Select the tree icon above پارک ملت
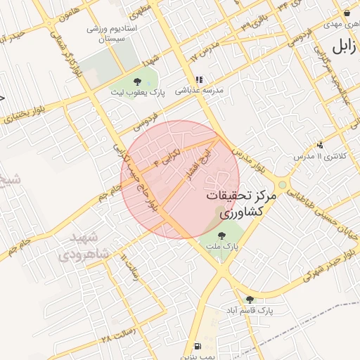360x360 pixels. coord(222,236)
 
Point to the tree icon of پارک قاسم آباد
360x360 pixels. coord(250,299)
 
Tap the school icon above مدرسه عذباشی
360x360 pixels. coord(199,80)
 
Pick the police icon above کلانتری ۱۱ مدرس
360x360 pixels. coord(321,144)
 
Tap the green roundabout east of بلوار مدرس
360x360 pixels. coord(283,185)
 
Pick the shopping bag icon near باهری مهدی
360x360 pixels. coord(347,12)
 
